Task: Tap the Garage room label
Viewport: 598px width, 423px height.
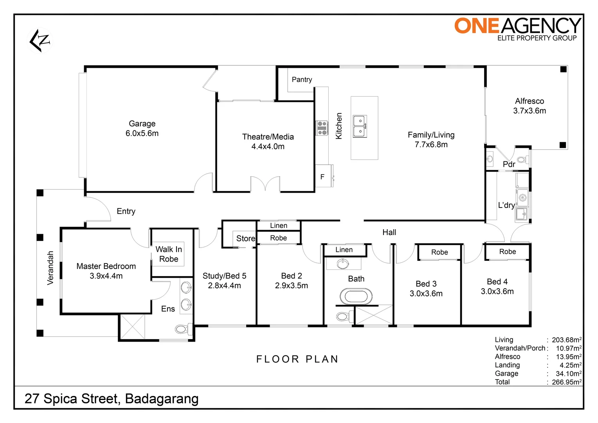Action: [x=142, y=123]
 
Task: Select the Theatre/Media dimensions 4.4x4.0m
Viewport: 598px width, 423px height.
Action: [x=268, y=146]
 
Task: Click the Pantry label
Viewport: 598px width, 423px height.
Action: [x=302, y=80]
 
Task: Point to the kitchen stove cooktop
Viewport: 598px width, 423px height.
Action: [x=322, y=128]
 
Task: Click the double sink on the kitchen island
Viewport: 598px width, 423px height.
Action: [x=360, y=127]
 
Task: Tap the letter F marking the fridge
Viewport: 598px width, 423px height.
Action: [x=322, y=177]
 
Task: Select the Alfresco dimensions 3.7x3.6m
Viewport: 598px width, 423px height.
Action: [x=530, y=110]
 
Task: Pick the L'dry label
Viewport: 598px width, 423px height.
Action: [x=506, y=205]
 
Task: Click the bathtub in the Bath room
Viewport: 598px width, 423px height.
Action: [x=356, y=296]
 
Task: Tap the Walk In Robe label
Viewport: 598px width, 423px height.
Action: [x=169, y=254]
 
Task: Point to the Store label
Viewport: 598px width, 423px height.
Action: [x=246, y=239]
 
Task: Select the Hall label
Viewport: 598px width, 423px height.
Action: [x=389, y=232]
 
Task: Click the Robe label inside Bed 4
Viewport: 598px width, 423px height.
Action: [x=508, y=251]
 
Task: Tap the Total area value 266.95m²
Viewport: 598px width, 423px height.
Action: [x=567, y=382]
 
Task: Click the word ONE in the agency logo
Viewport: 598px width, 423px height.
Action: [x=477, y=25]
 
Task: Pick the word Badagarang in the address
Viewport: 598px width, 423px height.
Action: [x=162, y=399]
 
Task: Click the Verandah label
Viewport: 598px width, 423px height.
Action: [x=50, y=268]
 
